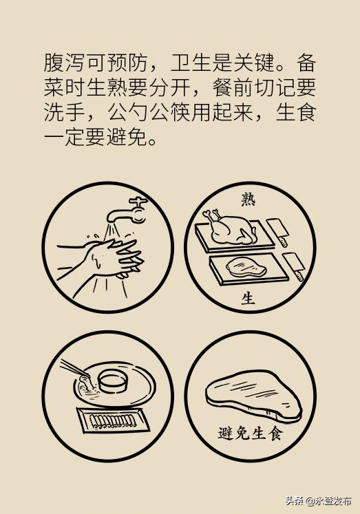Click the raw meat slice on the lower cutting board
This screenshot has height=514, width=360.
[244, 268]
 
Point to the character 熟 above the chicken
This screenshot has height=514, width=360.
[248, 199]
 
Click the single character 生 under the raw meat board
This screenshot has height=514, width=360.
[248, 299]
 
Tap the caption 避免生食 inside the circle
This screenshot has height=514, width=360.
[249, 433]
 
